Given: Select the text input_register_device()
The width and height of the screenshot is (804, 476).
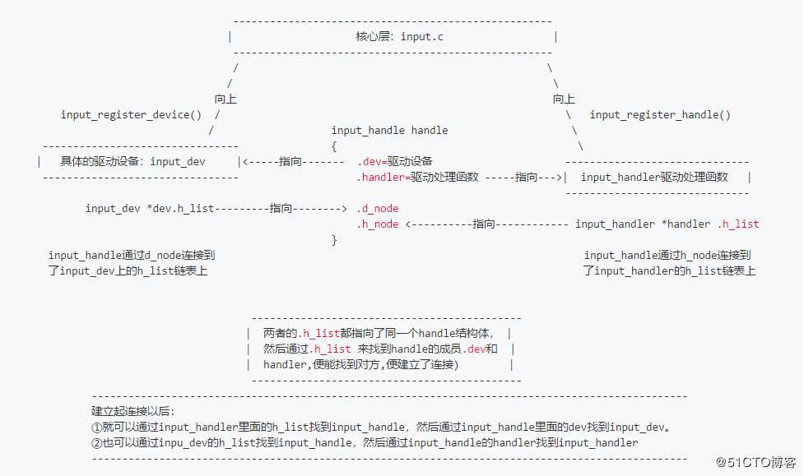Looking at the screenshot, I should coord(130,114).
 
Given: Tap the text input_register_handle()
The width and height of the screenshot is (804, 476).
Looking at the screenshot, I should coord(660,115).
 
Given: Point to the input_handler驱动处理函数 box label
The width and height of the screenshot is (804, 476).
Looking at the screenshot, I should coord(654,177).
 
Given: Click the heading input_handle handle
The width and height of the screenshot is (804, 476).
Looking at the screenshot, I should coord(389,130).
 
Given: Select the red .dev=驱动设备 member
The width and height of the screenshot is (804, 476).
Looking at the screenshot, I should coord(394,161).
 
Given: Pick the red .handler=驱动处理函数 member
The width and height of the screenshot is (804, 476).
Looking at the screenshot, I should coord(417,177).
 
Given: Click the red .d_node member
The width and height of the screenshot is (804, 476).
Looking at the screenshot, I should coord(377,208).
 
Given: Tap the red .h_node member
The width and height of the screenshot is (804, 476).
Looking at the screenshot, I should coord(377,224).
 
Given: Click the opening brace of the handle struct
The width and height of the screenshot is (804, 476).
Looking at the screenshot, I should coord(334,146).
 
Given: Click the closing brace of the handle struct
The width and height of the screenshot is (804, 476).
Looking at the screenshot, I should coord(334,239).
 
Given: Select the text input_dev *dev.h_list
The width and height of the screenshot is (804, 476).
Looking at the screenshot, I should coord(150,208).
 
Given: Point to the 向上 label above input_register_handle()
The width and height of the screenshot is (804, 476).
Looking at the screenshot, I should coord(564,99).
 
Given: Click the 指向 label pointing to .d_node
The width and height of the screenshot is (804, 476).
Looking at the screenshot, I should coord(281,208).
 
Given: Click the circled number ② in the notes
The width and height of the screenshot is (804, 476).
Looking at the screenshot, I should coord(96,442).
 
